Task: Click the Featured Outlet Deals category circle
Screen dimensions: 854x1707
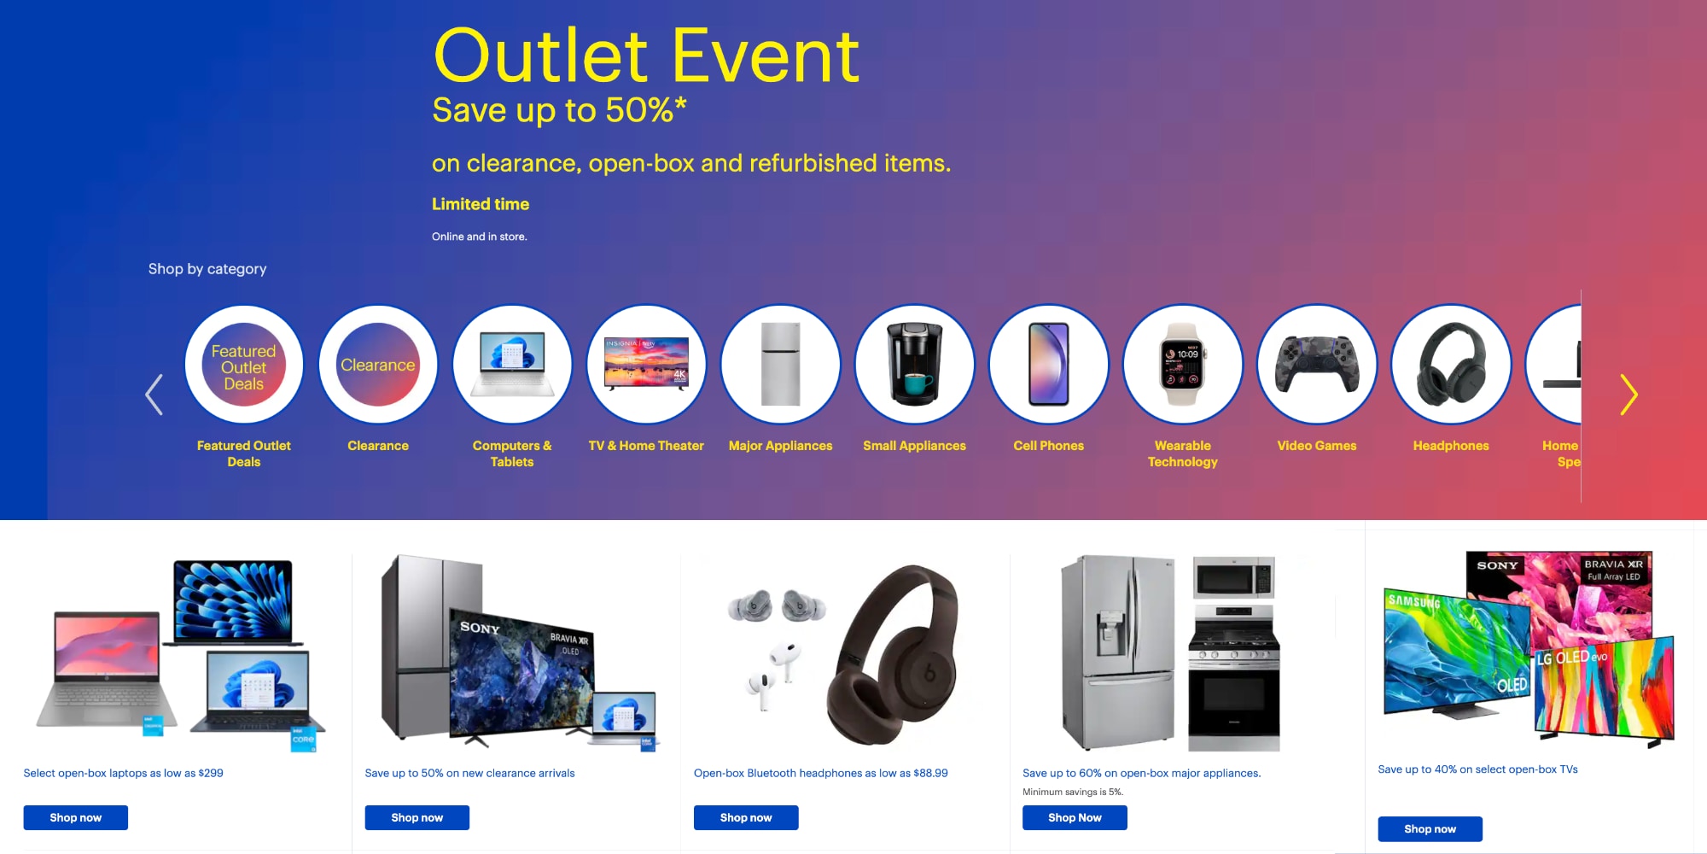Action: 244,365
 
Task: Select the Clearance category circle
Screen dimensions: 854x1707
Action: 378,365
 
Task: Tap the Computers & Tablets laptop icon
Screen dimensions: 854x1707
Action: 512,365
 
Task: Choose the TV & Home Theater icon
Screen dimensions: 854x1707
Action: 646,365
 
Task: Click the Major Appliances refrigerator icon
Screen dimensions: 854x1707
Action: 780,365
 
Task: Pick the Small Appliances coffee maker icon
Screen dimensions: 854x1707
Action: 914,365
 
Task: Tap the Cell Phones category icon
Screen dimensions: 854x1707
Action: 1048,365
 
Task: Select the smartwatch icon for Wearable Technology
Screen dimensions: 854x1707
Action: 1182,365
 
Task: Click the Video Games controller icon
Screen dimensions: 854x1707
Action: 1316,365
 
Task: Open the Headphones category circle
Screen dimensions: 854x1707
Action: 1450,365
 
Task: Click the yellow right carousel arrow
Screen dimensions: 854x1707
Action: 1628,395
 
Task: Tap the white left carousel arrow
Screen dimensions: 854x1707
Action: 154,395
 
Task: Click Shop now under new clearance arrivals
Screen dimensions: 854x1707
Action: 417,817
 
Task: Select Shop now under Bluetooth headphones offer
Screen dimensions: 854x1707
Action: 745,817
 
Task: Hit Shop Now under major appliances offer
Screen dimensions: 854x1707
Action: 1075,817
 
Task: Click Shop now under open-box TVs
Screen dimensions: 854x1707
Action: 1430,828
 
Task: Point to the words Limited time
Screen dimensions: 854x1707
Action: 481,204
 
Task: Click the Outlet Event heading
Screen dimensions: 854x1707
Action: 646,56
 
